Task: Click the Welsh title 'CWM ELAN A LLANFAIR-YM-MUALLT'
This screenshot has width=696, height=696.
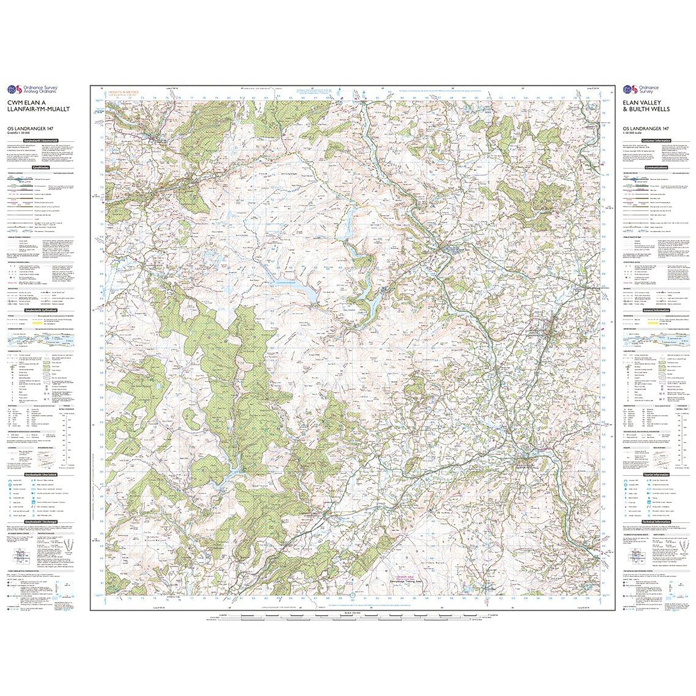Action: coord(39,106)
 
